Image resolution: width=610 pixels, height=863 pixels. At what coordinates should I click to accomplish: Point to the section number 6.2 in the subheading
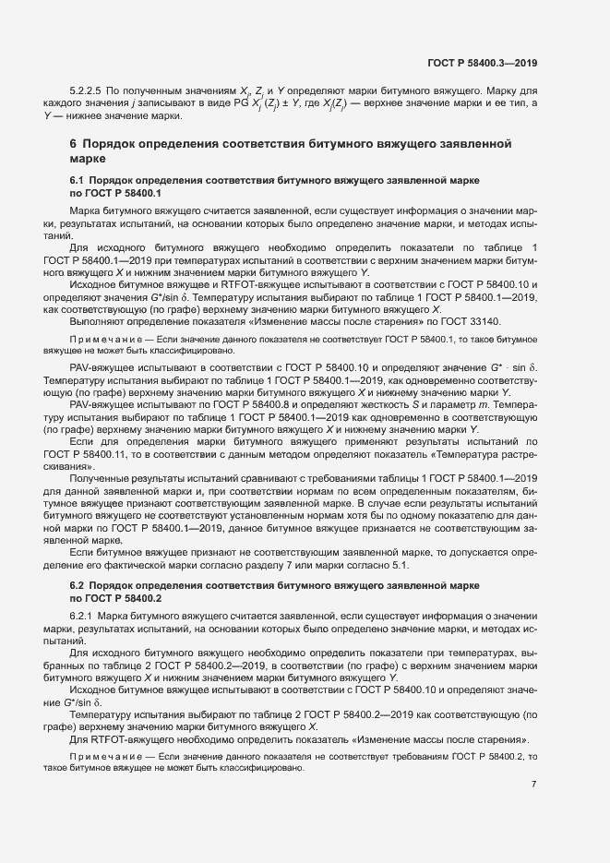pos(78,586)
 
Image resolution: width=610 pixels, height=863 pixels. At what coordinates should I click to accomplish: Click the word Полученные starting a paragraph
pos(101,477)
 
